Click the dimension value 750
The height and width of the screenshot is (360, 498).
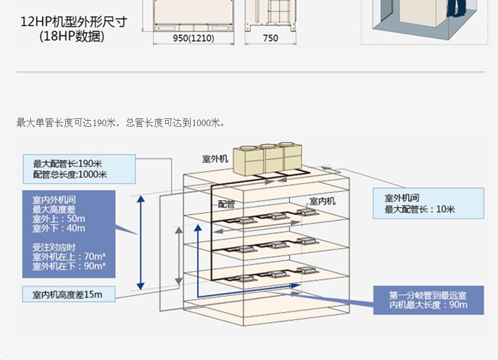[270, 38]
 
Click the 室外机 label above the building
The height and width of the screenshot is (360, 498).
[215, 159]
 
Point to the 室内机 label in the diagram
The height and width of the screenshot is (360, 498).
[322, 201]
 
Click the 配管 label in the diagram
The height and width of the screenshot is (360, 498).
[227, 204]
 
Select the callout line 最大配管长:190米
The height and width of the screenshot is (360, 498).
[68, 164]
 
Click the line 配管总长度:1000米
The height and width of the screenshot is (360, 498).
[70, 174]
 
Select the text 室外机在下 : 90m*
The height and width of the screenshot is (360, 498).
[69, 266]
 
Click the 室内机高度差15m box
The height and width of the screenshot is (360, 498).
[68, 294]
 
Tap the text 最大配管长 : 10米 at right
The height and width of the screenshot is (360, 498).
[419, 210]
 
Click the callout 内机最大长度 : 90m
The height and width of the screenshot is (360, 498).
[428, 304]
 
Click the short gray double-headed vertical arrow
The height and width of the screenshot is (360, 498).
[178, 256]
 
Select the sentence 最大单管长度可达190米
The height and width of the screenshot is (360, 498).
[66, 123]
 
